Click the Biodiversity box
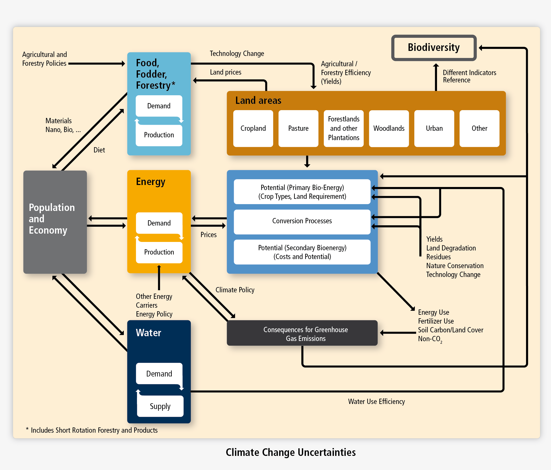click(433, 48)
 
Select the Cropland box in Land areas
click(253, 128)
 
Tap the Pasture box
click(298, 128)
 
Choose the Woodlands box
click(389, 128)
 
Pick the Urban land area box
click(434, 128)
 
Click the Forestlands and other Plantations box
click(343, 128)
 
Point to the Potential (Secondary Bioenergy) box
click(302, 252)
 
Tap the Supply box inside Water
click(160, 406)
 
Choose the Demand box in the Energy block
click(159, 223)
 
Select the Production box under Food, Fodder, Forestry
click(159, 135)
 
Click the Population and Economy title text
click(52, 219)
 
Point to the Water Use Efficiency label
click(376, 401)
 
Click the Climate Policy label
click(235, 290)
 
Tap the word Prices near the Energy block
click(208, 235)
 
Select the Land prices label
click(225, 72)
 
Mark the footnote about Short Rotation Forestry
click(92, 430)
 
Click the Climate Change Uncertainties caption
click(291, 452)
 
